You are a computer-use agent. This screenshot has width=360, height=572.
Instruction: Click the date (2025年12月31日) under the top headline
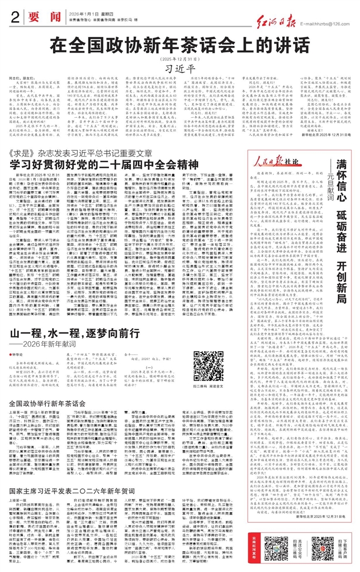[179, 58]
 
